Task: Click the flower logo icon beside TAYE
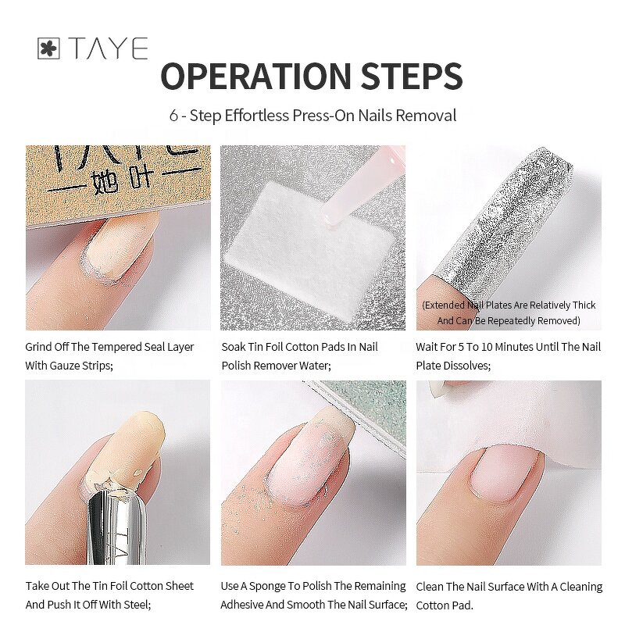[x=48, y=49]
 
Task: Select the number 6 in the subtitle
[x=173, y=116]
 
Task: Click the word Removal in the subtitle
[x=426, y=116]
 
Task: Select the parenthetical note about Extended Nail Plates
[x=509, y=312]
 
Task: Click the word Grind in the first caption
[x=39, y=347]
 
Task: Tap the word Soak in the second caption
[x=234, y=347]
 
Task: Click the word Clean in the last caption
[x=431, y=587]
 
